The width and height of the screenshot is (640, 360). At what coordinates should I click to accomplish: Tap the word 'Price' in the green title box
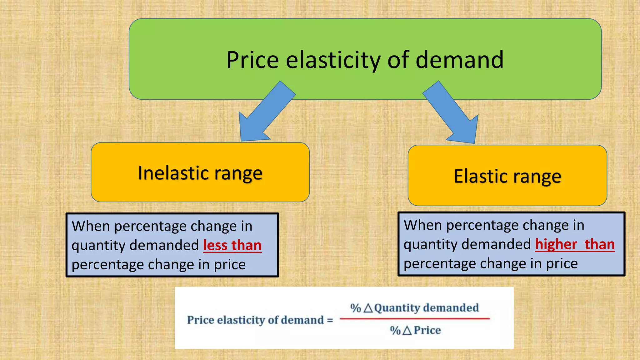coord(252,60)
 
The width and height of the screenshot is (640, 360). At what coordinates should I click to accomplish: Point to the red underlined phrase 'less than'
coord(232,245)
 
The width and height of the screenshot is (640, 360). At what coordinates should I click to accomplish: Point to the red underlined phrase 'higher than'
coord(575,244)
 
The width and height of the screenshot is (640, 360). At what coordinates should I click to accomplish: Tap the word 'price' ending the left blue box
coord(230,265)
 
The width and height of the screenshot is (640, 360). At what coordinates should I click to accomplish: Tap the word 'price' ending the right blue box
coord(562,264)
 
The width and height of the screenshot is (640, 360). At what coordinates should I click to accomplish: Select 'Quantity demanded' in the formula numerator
coord(426,308)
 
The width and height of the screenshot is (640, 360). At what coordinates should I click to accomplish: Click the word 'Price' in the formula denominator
coord(427,330)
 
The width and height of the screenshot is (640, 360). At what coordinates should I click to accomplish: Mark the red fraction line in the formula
coord(415,319)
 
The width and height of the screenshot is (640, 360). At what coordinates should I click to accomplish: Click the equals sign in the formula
coord(330,320)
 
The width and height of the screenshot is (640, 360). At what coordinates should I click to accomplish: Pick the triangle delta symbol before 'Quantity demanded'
coord(368,308)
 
